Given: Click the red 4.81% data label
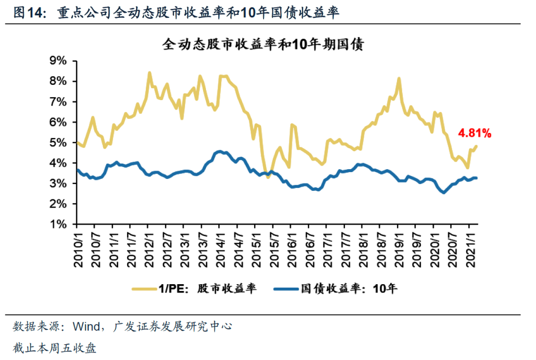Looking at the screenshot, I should coord(474,133).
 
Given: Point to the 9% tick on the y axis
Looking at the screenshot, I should coord(58,60).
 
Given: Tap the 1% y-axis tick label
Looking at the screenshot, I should coord(58,224).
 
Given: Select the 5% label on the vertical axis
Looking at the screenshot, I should coord(58,142).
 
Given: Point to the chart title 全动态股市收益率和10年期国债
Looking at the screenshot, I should coord(264,45).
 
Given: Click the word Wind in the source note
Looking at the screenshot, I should coord(85,327).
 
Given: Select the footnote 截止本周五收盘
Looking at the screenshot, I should coord(55,349).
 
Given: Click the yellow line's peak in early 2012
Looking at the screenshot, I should coord(149,73).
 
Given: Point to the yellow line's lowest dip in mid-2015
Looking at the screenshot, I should coord(268,177).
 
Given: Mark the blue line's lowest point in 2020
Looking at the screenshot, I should coord(443,192).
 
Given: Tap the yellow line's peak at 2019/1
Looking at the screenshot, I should coord(399,78).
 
